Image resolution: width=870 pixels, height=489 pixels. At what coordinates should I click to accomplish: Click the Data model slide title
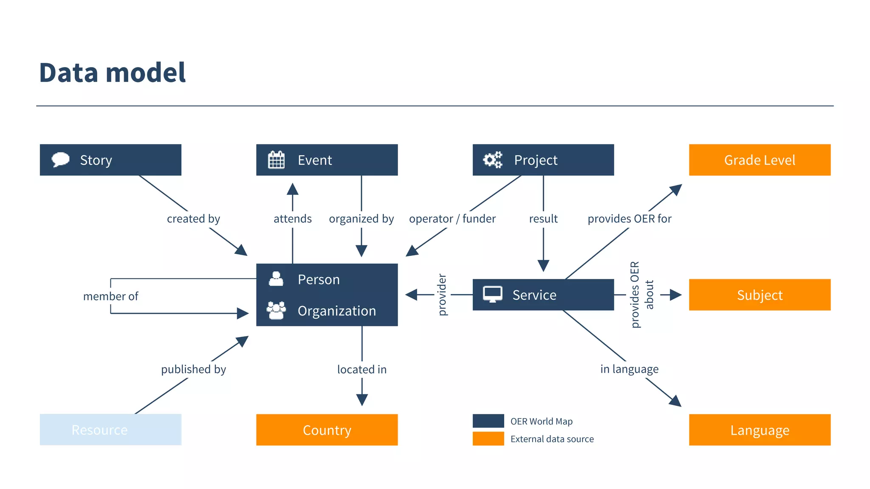pyautogui.click(x=112, y=73)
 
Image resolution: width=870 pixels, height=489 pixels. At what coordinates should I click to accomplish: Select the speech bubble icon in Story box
pyautogui.click(x=60, y=160)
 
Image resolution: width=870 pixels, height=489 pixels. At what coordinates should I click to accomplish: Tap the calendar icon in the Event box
pyautogui.click(x=276, y=160)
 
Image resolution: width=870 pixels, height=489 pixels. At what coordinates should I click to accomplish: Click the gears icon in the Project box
pyautogui.click(x=493, y=160)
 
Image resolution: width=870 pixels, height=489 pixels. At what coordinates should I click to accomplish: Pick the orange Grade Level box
pyautogui.click(x=759, y=160)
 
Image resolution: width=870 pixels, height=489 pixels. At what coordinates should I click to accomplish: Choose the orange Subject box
pyautogui.click(x=759, y=295)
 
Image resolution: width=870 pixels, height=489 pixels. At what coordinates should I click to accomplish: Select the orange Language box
pyautogui.click(x=759, y=430)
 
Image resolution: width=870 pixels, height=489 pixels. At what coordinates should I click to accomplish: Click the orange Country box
pyautogui.click(x=327, y=430)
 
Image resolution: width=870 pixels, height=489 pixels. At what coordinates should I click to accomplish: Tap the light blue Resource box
pyautogui.click(x=110, y=430)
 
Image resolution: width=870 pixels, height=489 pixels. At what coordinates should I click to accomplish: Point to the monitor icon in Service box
pyautogui.click(x=492, y=294)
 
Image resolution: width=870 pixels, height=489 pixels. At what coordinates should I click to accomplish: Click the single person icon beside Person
pyautogui.click(x=276, y=279)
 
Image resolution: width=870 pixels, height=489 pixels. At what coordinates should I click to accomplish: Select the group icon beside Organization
pyautogui.click(x=276, y=310)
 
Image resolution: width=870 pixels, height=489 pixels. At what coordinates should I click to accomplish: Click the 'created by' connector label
pyautogui.click(x=193, y=219)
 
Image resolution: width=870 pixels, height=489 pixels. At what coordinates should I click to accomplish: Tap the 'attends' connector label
pyautogui.click(x=292, y=219)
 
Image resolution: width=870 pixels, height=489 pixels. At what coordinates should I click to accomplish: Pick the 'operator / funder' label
pyautogui.click(x=452, y=219)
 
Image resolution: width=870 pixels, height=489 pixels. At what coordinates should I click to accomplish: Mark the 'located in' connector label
pyautogui.click(x=362, y=369)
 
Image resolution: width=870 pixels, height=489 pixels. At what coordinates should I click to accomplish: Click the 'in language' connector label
pyautogui.click(x=629, y=369)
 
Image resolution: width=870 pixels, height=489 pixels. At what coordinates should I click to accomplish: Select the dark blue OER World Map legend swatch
pyautogui.click(x=488, y=421)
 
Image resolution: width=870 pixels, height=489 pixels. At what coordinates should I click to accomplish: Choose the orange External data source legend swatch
pyautogui.click(x=488, y=438)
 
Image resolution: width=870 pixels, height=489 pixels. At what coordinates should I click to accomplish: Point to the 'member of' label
pyautogui.click(x=110, y=296)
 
